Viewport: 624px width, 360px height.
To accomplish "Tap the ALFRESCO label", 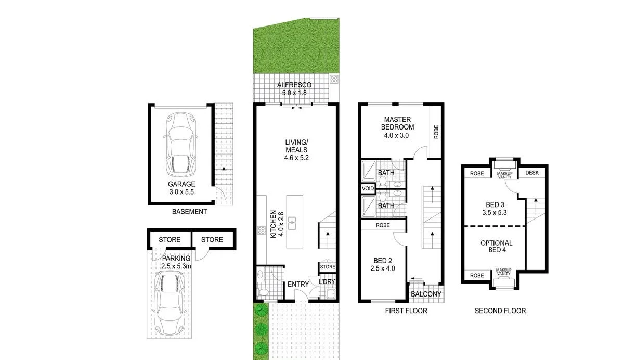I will click(x=294, y=85).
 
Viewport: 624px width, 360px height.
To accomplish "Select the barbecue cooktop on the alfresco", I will click(x=333, y=80).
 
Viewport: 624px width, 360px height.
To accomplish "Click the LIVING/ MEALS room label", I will click(x=296, y=150).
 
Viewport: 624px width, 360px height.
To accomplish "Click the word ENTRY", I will click(x=298, y=284).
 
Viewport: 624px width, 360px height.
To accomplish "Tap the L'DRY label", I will click(x=327, y=282).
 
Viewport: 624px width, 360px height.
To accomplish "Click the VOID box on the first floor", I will click(x=368, y=188).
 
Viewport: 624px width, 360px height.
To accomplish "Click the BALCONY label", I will click(x=426, y=294).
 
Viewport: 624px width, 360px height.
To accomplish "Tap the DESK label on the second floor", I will click(x=532, y=173).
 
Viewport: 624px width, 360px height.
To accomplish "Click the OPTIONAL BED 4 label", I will click(x=496, y=246).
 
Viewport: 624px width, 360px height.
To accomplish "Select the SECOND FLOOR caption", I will click(x=500, y=311).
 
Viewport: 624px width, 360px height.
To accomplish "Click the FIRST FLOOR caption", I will click(x=406, y=311).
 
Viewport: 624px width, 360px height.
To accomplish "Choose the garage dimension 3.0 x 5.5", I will click(x=181, y=192).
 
